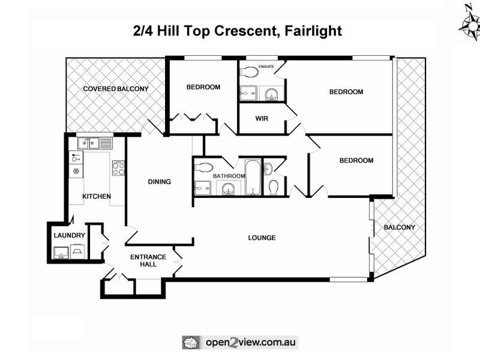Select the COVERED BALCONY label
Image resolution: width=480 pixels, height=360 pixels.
(x=116, y=89)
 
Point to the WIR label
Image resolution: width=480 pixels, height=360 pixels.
(x=262, y=119)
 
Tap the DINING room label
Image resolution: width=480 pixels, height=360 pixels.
(x=160, y=182)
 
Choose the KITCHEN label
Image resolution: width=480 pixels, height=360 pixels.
(x=96, y=196)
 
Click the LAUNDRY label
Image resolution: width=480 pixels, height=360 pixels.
(x=70, y=235)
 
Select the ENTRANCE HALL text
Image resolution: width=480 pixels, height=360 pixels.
(x=148, y=261)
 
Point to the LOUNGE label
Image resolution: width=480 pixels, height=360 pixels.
(x=262, y=238)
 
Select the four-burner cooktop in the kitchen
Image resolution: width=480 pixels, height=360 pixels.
(x=118, y=169)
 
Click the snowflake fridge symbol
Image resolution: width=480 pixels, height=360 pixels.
(x=76, y=172)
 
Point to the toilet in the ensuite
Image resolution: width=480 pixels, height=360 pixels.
(x=248, y=73)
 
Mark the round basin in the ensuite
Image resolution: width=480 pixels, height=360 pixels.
(x=271, y=94)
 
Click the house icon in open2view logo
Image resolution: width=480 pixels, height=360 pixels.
(x=191, y=342)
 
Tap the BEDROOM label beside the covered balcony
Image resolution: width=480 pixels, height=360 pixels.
(x=203, y=87)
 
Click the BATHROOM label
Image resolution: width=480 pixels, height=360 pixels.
(x=229, y=176)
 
